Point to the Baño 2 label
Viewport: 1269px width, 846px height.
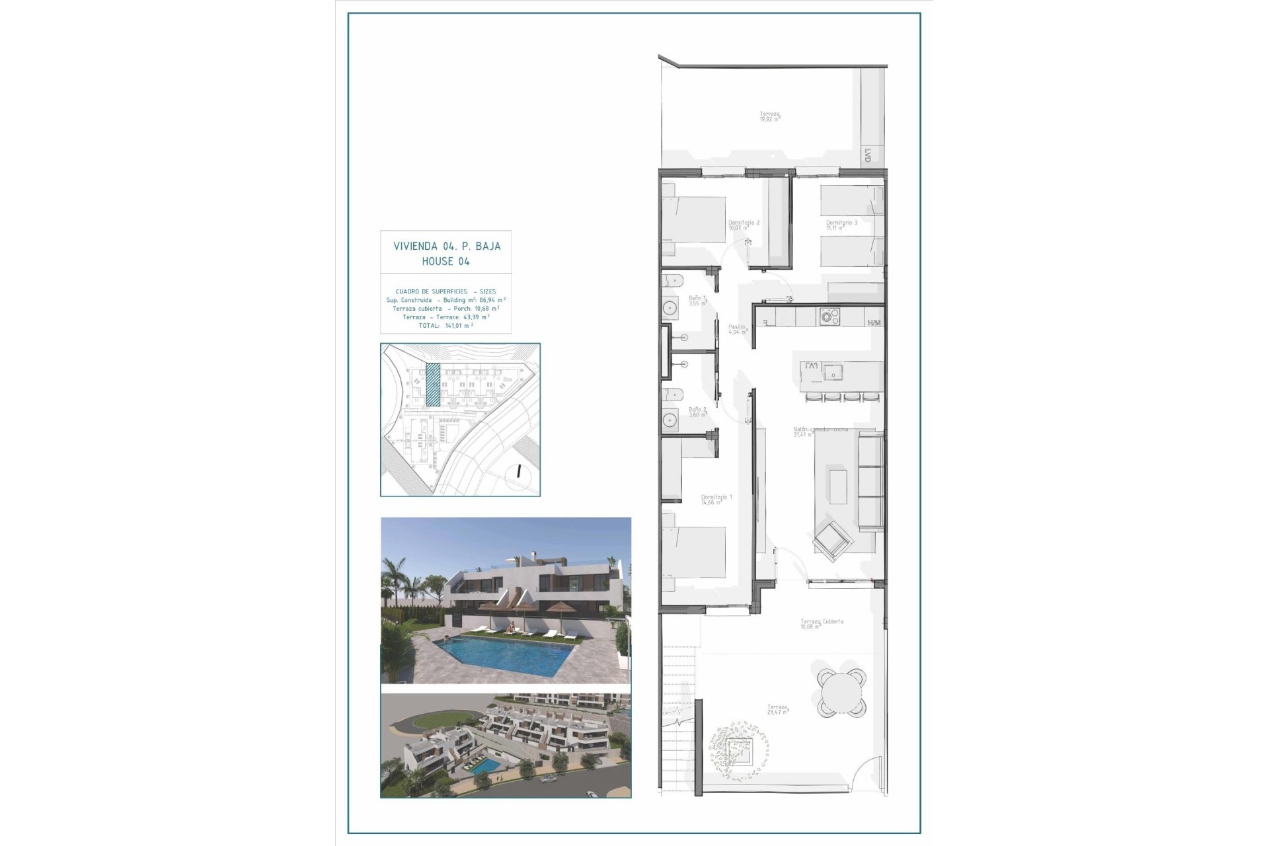coord(698,410)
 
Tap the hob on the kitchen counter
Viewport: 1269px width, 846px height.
coord(829,316)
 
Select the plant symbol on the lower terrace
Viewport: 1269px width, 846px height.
coord(740,751)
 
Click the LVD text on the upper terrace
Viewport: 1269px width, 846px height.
coord(868,155)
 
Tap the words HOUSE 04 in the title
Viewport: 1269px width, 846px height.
coord(446,262)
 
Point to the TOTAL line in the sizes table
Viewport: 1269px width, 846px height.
coord(446,325)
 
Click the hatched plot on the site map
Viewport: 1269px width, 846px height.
coord(432,385)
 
